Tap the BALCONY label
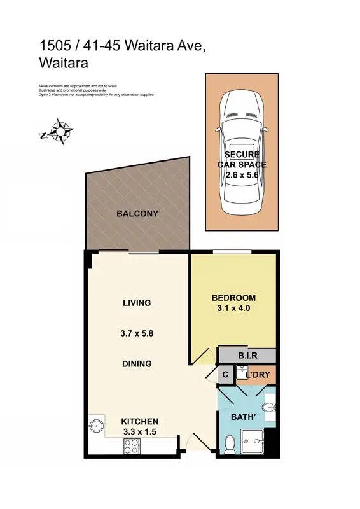pyautogui.click(x=137, y=214)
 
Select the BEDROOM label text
pyautogui.click(x=233, y=298)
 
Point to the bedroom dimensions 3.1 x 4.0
pyautogui.click(x=233, y=309)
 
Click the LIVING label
pyautogui.click(x=137, y=303)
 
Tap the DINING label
pyautogui.click(x=137, y=364)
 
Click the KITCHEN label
pyautogui.click(x=140, y=421)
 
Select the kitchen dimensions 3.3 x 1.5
pyautogui.click(x=140, y=432)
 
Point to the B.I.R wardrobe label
pyautogui.click(x=247, y=355)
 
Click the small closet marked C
pyautogui.click(x=225, y=375)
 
